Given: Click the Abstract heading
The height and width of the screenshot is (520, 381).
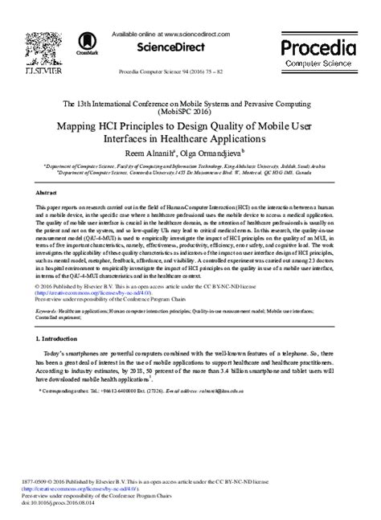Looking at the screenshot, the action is pyautogui.click(x=48, y=194).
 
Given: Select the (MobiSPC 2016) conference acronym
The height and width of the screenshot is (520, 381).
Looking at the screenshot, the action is pyautogui.click(x=190, y=113).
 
